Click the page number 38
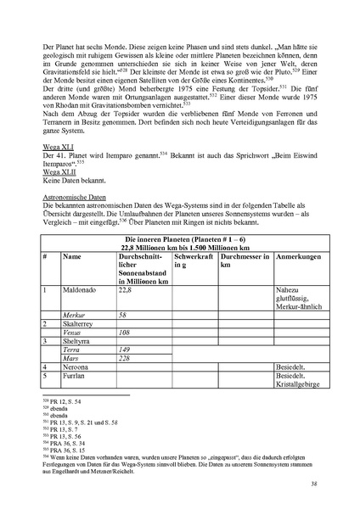tap(313, 484)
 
